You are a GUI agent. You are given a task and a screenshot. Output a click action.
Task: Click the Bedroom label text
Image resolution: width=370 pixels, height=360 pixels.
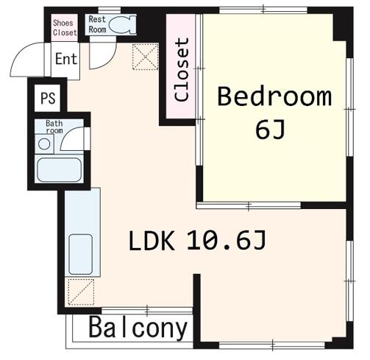(x=274, y=96)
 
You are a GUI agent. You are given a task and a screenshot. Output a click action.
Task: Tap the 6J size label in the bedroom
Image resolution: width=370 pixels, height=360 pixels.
(x=270, y=130)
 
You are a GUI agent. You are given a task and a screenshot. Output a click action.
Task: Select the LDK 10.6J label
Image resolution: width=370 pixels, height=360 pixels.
(x=197, y=241)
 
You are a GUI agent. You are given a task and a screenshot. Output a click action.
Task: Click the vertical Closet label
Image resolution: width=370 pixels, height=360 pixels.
(x=182, y=70)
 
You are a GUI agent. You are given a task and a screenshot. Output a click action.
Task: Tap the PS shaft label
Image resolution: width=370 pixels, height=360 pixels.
(x=48, y=98)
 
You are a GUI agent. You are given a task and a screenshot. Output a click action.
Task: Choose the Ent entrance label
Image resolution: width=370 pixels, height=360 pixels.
(x=66, y=59)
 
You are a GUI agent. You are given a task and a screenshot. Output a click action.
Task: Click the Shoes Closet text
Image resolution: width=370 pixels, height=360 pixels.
(x=65, y=27)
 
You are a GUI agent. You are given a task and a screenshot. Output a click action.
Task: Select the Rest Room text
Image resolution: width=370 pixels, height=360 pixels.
(x=97, y=24)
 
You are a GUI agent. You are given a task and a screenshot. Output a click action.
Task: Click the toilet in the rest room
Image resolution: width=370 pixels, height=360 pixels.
(x=122, y=24)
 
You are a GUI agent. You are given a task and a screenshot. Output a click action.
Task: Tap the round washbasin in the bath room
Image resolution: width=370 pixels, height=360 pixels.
(x=44, y=144)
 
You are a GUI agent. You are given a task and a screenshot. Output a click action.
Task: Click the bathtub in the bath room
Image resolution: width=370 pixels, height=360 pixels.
(x=59, y=170)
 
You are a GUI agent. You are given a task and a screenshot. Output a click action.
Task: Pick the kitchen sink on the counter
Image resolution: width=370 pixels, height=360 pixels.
(x=81, y=254)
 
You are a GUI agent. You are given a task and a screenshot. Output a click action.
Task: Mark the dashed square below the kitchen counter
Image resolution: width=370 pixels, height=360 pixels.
(x=81, y=292)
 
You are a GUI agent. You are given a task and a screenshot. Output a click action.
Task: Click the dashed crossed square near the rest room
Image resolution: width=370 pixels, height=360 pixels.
(x=146, y=57)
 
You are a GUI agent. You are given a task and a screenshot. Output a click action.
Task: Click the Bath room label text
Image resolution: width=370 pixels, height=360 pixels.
(x=54, y=127)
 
